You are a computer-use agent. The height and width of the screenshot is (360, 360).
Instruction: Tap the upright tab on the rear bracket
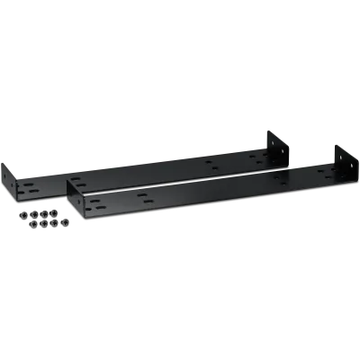(x=274, y=146)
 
